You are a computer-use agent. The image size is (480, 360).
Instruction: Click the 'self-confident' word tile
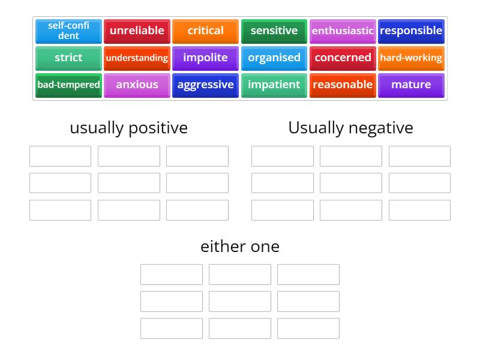(x=68, y=31)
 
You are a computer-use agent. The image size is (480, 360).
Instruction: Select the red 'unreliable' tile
(x=137, y=31)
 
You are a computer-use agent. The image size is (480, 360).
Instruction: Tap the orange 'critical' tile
(x=205, y=31)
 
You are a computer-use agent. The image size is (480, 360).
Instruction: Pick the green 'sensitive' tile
(x=274, y=31)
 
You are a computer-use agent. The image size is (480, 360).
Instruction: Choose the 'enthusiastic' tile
(x=343, y=31)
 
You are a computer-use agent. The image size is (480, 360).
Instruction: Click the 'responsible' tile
(x=411, y=31)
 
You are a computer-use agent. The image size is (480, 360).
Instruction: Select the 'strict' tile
(x=68, y=58)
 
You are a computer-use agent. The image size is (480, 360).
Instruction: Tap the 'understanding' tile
(x=137, y=58)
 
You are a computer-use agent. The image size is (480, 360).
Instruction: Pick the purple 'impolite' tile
(x=205, y=58)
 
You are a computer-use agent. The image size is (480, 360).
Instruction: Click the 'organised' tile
(x=274, y=58)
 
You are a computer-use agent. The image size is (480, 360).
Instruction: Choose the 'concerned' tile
(x=343, y=58)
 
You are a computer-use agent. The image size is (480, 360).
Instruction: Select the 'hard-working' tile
(x=411, y=58)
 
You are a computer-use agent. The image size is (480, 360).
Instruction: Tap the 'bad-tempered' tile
(x=68, y=85)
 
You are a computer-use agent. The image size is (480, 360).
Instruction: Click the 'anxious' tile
(x=137, y=85)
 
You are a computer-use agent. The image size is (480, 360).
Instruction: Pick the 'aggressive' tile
(x=205, y=85)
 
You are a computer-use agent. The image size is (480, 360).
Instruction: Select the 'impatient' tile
(x=274, y=85)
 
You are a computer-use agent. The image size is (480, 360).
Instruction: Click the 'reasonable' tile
(x=343, y=85)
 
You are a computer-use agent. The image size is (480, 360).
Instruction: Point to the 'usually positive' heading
(x=128, y=128)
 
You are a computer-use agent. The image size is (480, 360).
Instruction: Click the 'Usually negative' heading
(x=350, y=128)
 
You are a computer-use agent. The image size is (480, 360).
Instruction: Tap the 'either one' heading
(x=240, y=247)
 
